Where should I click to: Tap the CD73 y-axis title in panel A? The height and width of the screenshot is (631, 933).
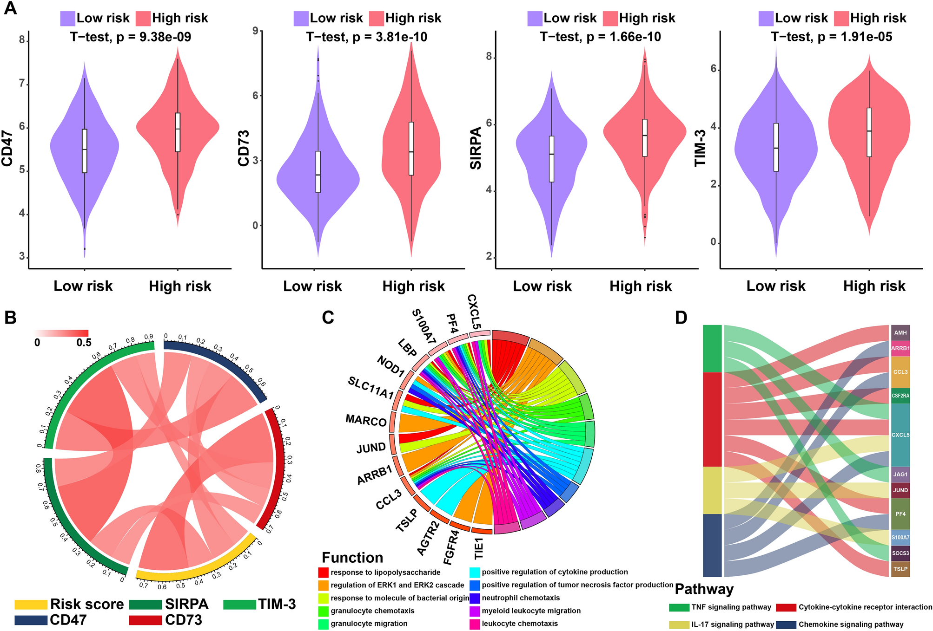pos(244,148)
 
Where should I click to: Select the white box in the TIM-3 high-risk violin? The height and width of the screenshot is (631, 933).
pos(869,132)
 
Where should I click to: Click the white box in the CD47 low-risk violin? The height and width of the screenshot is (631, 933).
pos(84,151)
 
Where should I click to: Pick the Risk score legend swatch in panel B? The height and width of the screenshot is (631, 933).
pos(31,605)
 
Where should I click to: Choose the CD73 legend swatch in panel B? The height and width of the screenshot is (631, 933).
pos(145,620)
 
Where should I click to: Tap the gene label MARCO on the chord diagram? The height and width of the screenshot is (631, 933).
pos(366,421)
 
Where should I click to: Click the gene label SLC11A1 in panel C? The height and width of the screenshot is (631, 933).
pos(371,388)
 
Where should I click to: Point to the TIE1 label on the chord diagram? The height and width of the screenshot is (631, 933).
pos(479,548)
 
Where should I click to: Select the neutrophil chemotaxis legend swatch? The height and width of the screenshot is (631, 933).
pos(475,598)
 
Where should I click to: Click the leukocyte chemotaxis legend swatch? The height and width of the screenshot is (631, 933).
pos(475,624)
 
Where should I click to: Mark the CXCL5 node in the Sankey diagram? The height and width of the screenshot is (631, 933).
pos(900,435)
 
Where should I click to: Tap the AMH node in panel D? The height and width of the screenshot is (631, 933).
pos(900,333)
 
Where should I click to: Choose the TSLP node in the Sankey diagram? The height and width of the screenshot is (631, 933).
pos(900,569)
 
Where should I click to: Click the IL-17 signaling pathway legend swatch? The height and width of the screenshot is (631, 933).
pos(679,624)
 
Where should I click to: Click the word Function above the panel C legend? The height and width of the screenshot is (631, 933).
pos(352,558)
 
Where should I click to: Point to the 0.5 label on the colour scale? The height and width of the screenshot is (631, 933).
pos(84,343)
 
